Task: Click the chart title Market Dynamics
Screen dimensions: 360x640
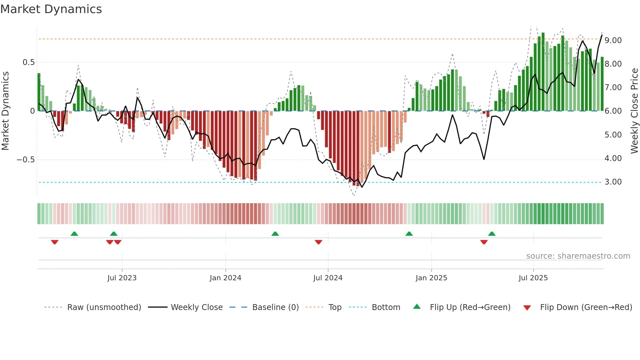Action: click(51, 9)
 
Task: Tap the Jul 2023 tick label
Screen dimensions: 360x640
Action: click(122, 278)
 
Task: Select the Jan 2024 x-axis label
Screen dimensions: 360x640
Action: click(225, 278)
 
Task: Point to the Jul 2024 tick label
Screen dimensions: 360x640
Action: click(328, 278)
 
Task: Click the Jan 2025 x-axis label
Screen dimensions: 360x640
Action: click(431, 278)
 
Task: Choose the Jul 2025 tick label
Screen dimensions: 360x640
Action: click(533, 278)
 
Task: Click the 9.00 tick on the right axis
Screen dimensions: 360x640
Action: click(613, 41)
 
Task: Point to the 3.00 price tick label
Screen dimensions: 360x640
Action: click(613, 182)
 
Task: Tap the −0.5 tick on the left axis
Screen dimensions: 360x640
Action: click(26, 160)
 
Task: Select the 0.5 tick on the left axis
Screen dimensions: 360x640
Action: click(29, 62)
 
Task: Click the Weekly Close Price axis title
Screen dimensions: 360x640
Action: click(634, 111)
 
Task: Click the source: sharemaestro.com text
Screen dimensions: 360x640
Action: click(578, 256)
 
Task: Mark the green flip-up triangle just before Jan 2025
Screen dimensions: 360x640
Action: click(409, 234)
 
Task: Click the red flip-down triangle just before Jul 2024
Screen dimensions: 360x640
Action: click(318, 242)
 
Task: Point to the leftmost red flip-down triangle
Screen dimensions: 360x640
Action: click(55, 242)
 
